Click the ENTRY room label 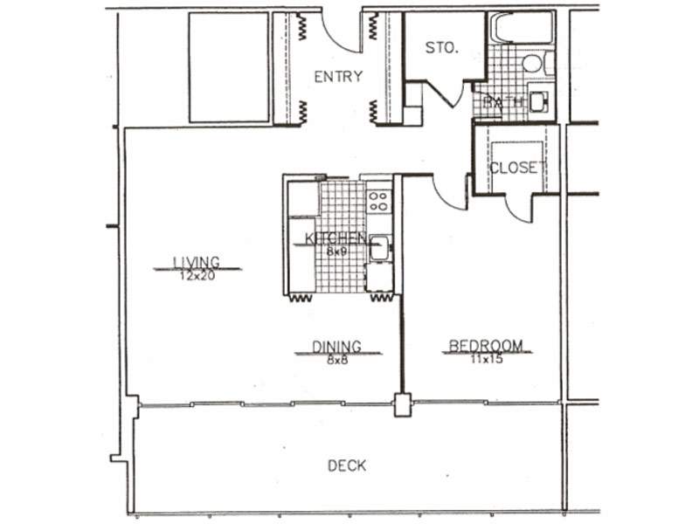pyautogui.click(x=338, y=77)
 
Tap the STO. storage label pyautogui.click(x=442, y=48)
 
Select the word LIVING pyautogui.click(x=197, y=263)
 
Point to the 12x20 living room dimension pyautogui.click(x=197, y=276)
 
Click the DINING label pyautogui.click(x=337, y=346)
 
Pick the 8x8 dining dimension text pyautogui.click(x=337, y=360)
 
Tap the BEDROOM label pyautogui.click(x=486, y=346)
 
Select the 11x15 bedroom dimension pyautogui.click(x=487, y=359)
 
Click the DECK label pyautogui.click(x=347, y=466)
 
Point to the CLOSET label pyautogui.click(x=517, y=168)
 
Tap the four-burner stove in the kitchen pyautogui.click(x=379, y=201)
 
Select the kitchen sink pyautogui.click(x=380, y=248)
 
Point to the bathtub pyautogui.click(x=522, y=28)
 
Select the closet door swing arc pyautogui.click(x=516, y=210)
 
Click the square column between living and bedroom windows pyautogui.click(x=403, y=404)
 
